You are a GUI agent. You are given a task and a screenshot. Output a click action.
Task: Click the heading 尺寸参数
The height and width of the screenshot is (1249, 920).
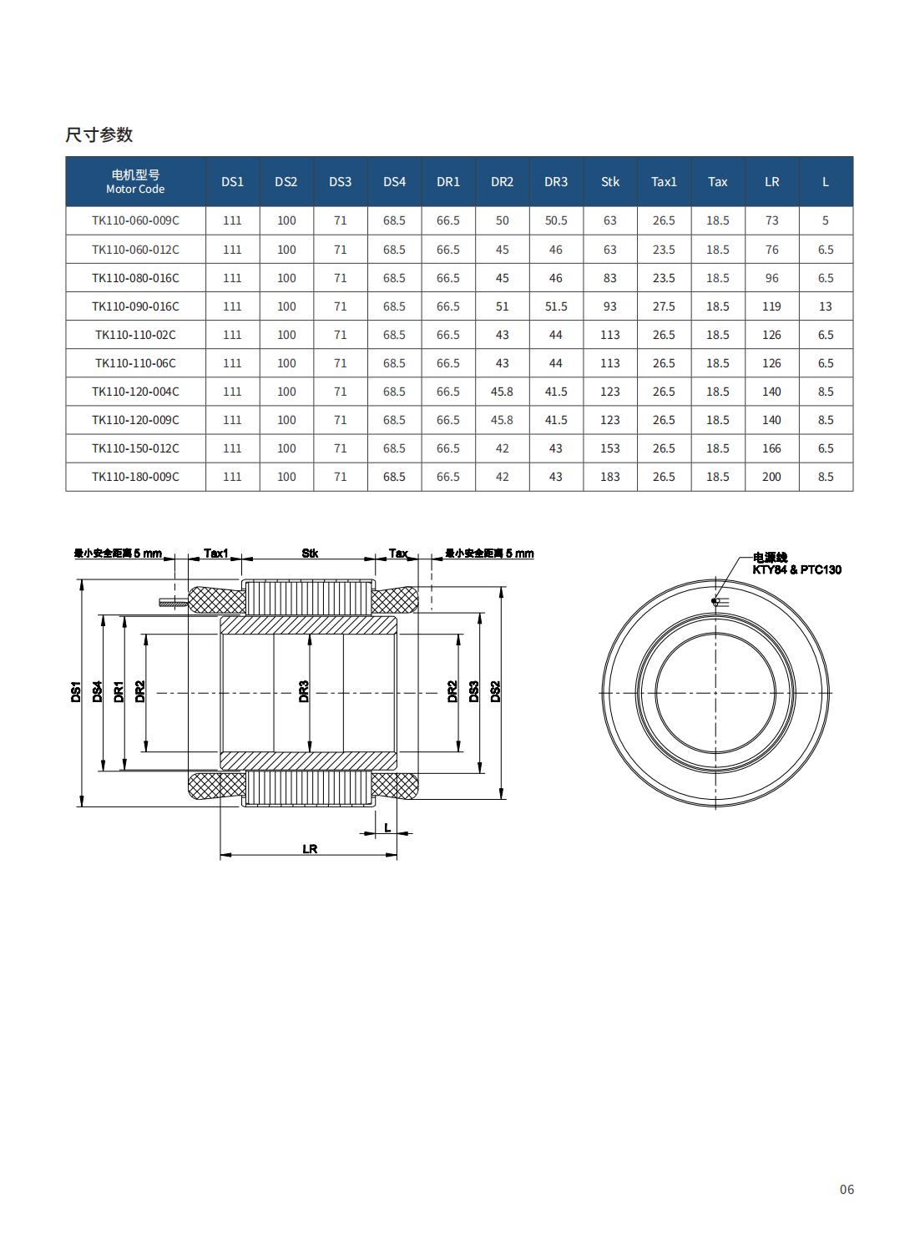99,135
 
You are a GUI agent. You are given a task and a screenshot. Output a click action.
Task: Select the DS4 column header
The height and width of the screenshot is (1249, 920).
394,182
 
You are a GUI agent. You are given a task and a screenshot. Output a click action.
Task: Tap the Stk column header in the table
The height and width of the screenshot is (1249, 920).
610,182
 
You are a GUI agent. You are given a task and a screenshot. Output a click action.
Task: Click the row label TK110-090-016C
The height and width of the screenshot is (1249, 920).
135,306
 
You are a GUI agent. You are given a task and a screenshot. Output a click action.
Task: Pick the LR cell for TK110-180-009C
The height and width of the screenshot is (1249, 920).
771,477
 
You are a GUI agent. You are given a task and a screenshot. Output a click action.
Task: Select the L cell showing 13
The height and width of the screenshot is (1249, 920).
826,306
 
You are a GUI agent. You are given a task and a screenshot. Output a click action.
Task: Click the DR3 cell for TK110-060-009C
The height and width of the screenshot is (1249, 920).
556,221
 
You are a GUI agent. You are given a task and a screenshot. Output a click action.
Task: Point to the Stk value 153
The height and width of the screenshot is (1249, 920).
610,448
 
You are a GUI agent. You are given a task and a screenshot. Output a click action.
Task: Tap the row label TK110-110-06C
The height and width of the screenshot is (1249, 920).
135,363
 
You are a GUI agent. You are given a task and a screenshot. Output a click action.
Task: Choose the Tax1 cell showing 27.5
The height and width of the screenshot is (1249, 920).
664,306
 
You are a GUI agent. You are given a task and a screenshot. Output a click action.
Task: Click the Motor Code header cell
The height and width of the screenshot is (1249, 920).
135,182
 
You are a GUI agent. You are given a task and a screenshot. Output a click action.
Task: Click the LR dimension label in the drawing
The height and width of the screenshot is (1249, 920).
310,849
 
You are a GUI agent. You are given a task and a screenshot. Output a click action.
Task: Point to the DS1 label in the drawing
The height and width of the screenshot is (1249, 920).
75,691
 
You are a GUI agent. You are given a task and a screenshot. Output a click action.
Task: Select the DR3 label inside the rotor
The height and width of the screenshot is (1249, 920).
304,691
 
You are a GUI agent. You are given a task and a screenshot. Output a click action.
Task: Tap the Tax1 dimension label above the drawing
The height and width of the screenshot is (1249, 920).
215,554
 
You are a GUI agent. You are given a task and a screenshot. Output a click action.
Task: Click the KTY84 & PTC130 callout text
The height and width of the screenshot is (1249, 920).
796,570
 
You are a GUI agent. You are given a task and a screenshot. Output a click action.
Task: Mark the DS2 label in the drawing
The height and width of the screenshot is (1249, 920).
495,691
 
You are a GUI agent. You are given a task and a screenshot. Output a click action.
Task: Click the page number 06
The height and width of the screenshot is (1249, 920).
847,1190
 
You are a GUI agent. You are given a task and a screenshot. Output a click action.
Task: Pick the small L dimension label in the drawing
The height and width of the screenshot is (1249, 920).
387,828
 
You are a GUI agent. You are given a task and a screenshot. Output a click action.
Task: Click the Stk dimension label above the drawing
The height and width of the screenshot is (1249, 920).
310,554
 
